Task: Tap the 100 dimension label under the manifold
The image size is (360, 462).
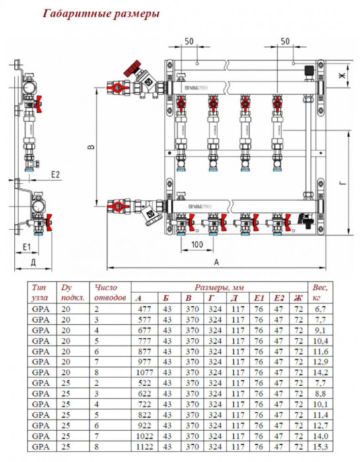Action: click(196, 245)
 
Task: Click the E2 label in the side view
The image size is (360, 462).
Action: click(55, 174)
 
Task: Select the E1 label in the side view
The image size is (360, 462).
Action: click(27, 246)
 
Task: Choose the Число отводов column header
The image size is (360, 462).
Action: click(109, 292)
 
